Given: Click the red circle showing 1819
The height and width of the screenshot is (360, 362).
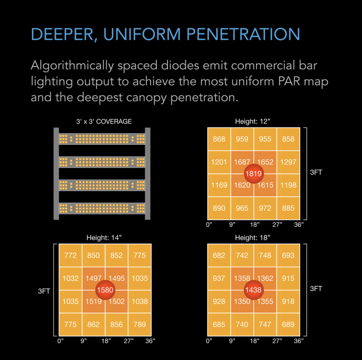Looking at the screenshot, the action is (253, 174).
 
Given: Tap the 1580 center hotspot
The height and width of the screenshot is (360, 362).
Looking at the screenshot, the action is (105, 290).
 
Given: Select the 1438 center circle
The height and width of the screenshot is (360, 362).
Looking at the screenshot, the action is (253, 290).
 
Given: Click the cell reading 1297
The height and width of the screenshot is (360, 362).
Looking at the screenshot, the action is (288, 162).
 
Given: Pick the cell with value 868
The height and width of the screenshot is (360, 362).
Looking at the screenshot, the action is (219, 139).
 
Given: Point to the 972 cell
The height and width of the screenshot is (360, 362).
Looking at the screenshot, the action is (265, 208).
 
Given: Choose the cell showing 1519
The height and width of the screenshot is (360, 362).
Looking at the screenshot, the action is (94, 302).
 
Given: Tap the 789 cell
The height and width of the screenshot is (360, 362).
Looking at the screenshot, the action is (139, 324).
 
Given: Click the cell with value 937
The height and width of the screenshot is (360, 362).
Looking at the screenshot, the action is (219, 278).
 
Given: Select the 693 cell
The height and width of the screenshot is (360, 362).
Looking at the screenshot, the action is (288, 255).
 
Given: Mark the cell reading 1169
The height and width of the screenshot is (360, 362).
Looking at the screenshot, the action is (219, 185).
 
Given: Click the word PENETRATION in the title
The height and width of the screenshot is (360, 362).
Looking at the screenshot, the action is (243, 34).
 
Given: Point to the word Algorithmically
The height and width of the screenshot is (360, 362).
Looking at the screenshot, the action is (72, 66).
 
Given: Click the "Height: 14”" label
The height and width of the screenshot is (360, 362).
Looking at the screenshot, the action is (104, 238).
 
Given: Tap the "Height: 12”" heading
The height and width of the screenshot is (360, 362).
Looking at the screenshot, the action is (252, 122).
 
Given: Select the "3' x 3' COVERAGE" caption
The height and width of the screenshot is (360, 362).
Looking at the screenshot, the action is (104, 122).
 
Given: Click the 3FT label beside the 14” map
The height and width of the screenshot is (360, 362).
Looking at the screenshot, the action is (44, 291).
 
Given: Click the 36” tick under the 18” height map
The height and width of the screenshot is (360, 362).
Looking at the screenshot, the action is (299, 341).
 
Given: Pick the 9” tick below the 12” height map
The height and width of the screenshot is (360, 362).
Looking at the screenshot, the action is (232, 224).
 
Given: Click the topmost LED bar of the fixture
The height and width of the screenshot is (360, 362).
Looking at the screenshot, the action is (102, 139).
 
